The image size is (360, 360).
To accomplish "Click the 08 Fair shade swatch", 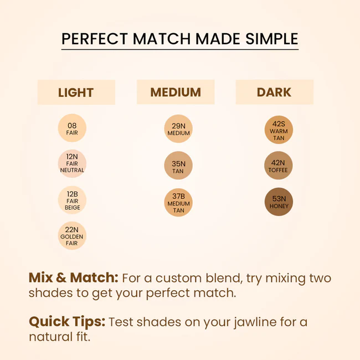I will (x=72, y=129).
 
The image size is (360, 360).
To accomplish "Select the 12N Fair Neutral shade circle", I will (x=72, y=163).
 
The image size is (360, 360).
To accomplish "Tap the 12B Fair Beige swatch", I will (x=72, y=200).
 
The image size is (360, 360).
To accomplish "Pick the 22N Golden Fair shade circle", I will (x=72, y=236).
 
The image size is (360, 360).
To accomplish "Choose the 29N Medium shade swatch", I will (x=178, y=129).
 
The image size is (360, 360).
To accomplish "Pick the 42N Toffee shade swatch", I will (x=279, y=166).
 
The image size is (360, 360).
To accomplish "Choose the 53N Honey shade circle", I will (x=279, y=202).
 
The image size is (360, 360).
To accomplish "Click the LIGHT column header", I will (x=76, y=92).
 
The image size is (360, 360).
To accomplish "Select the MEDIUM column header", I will (x=175, y=92).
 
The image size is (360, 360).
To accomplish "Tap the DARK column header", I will (x=274, y=92).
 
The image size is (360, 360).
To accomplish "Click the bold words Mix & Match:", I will (x=73, y=278).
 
